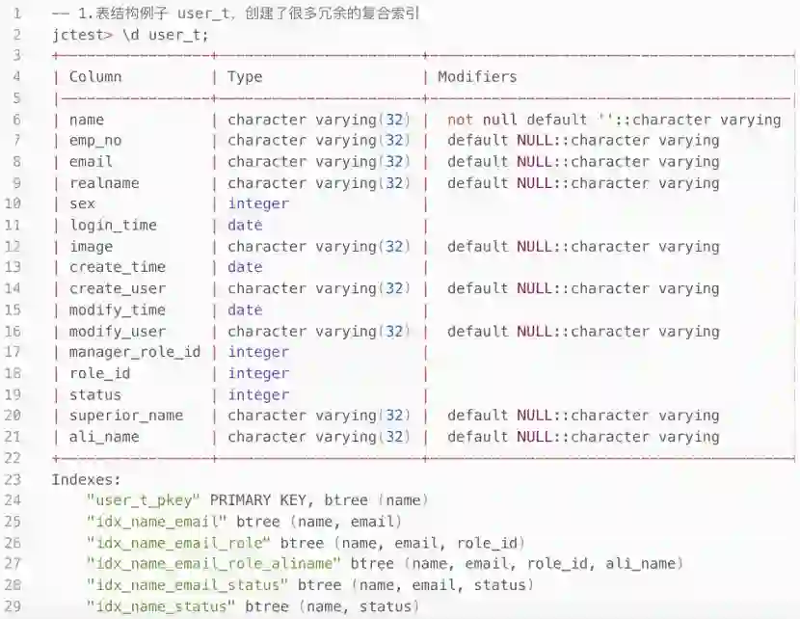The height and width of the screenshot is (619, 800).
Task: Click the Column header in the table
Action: click(95, 77)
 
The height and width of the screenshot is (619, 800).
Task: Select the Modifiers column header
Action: click(477, 77)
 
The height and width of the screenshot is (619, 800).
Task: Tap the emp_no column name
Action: click(95, 141)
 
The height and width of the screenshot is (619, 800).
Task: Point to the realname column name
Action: click(104, 183)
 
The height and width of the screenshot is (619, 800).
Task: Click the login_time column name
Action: click(113, 226)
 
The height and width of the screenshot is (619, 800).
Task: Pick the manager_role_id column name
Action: click(135, 352)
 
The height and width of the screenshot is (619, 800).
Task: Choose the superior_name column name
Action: click(126, 416)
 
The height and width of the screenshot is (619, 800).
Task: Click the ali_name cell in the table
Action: click(104, 437)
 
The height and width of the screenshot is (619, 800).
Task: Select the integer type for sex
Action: click(258, 204)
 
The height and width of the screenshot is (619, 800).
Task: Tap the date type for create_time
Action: click(245, 267)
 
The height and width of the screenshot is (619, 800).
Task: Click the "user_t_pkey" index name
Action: click(144, 500)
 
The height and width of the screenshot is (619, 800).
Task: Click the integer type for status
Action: click(258, 394)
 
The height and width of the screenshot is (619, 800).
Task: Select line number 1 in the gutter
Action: click(16, 14)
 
